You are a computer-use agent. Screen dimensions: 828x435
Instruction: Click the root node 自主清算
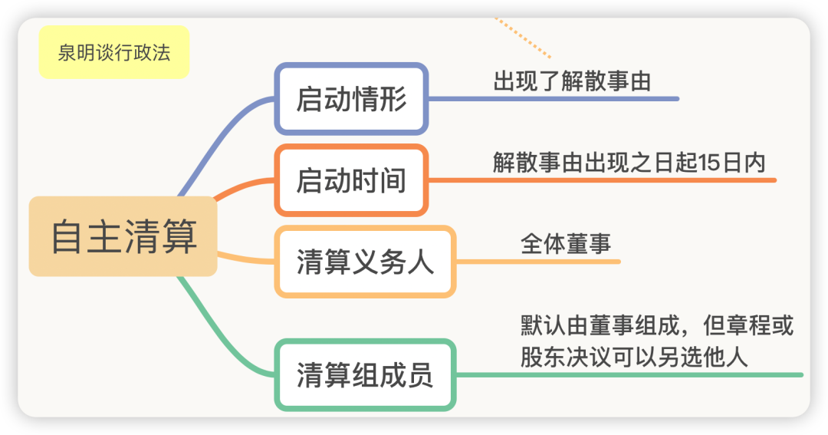click(x=123, y=236)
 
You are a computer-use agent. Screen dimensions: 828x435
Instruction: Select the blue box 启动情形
click(x=351, y=99)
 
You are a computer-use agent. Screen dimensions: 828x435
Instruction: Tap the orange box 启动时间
click(x=351, y=180)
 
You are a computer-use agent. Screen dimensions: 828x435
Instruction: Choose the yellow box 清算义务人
click(x=365, y=262)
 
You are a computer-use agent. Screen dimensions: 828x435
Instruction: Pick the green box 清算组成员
click(x=365, y=374)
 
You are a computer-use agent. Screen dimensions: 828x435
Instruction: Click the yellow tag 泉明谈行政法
click(x=114, y=52)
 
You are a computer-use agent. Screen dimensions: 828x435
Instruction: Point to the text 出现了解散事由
click(x=572, y=81)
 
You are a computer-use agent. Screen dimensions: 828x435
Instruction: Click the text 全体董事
click(x=566, y=244)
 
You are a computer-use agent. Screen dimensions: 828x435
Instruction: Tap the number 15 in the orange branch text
click(x=710, y=163)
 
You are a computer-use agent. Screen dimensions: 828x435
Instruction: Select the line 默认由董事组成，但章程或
click(x=657, y=325)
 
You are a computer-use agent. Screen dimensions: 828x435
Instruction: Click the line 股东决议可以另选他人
click(x=634, y=357)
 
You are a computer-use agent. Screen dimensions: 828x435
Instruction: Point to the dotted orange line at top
click(x=523, y=38)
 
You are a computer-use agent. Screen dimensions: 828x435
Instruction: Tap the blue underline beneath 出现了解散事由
click(x=554, y=99)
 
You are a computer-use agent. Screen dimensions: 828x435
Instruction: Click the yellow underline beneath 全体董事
click(x=538, y=262)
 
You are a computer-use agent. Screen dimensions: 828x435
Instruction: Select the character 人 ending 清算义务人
click(x=421, y=262)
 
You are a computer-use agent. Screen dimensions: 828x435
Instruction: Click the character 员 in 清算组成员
click(x=421, y=374)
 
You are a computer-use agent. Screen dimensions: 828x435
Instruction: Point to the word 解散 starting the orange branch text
click(x=515, y=163)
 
